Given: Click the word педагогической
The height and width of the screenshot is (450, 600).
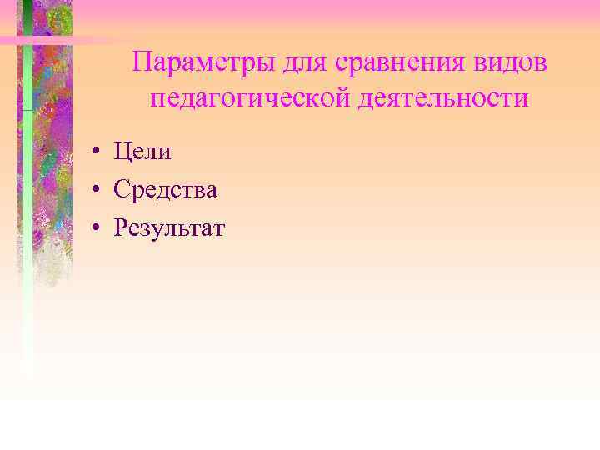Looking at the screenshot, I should [251, 99].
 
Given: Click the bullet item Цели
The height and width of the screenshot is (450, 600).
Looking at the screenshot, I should [142, 152].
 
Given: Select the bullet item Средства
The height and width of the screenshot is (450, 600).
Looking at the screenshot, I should [166, 189].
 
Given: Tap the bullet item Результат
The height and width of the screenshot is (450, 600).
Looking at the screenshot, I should [169, 227].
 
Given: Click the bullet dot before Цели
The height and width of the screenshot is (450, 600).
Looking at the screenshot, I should [97, 152].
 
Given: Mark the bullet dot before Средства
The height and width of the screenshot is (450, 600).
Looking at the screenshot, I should [97, 190].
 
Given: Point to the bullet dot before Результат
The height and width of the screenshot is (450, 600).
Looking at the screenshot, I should [97, 227].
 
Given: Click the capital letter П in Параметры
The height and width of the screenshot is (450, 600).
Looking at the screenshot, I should [142, 62].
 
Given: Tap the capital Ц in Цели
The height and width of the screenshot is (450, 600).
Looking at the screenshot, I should [122, 152].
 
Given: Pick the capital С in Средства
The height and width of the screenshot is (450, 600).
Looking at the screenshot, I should [122, 189].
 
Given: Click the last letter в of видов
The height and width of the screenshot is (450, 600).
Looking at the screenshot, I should [541, 65].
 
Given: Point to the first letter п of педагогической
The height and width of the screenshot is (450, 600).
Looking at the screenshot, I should [157, 100].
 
